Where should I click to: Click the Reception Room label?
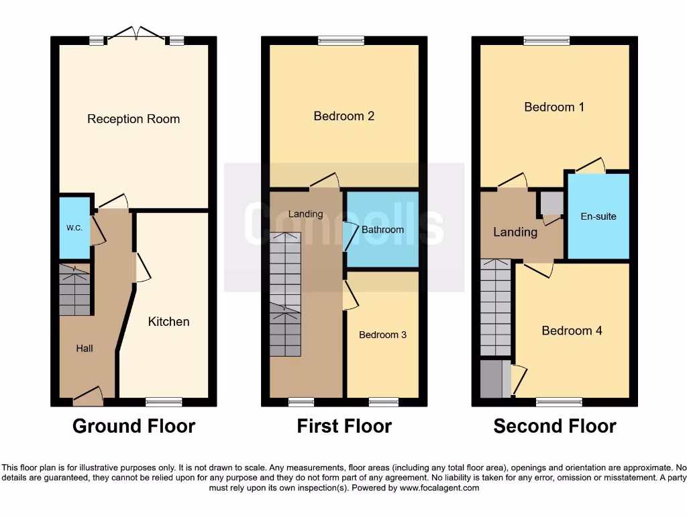coord(134,119)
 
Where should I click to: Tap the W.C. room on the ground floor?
coord(74,228)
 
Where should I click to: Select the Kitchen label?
coord(168,322)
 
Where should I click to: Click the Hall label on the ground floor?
coord(85,348)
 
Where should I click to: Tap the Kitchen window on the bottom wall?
coord(164,402)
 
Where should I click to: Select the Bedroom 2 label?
coord(343,116)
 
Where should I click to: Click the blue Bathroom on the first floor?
coord(382,230)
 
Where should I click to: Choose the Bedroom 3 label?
coord(382,335)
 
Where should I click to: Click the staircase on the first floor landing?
coord(285,294)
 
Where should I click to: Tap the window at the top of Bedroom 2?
coord(341,40)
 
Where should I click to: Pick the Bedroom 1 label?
coord(554,107)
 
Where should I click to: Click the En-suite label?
coord(598,216)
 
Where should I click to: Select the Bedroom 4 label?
coord(572,331)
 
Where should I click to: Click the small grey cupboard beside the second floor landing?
coord(552,203)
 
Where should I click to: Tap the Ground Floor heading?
coord(134,426)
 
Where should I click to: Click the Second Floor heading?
coord(555,426)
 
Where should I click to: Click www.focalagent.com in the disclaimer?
coord(439,488)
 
